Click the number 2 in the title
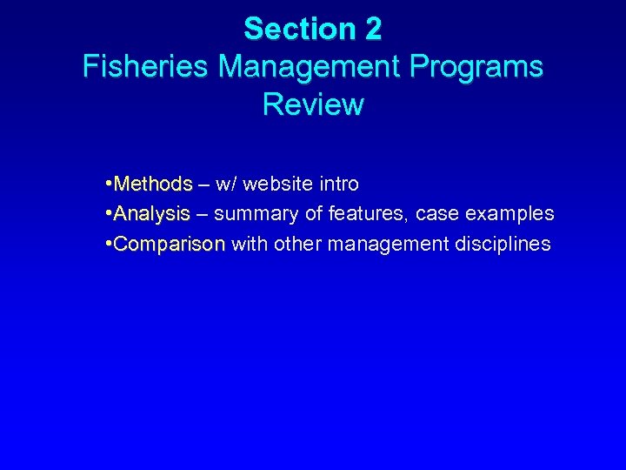pos(372,30)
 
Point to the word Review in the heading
pos(313,104)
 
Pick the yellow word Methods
pos(153,185)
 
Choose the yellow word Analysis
pos(151,214)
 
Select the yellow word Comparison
pos(170,244)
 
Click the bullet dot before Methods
pos(106,185)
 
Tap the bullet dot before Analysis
pos(106,214)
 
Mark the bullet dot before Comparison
pos(106,244)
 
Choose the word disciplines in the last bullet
pos(503,244)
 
